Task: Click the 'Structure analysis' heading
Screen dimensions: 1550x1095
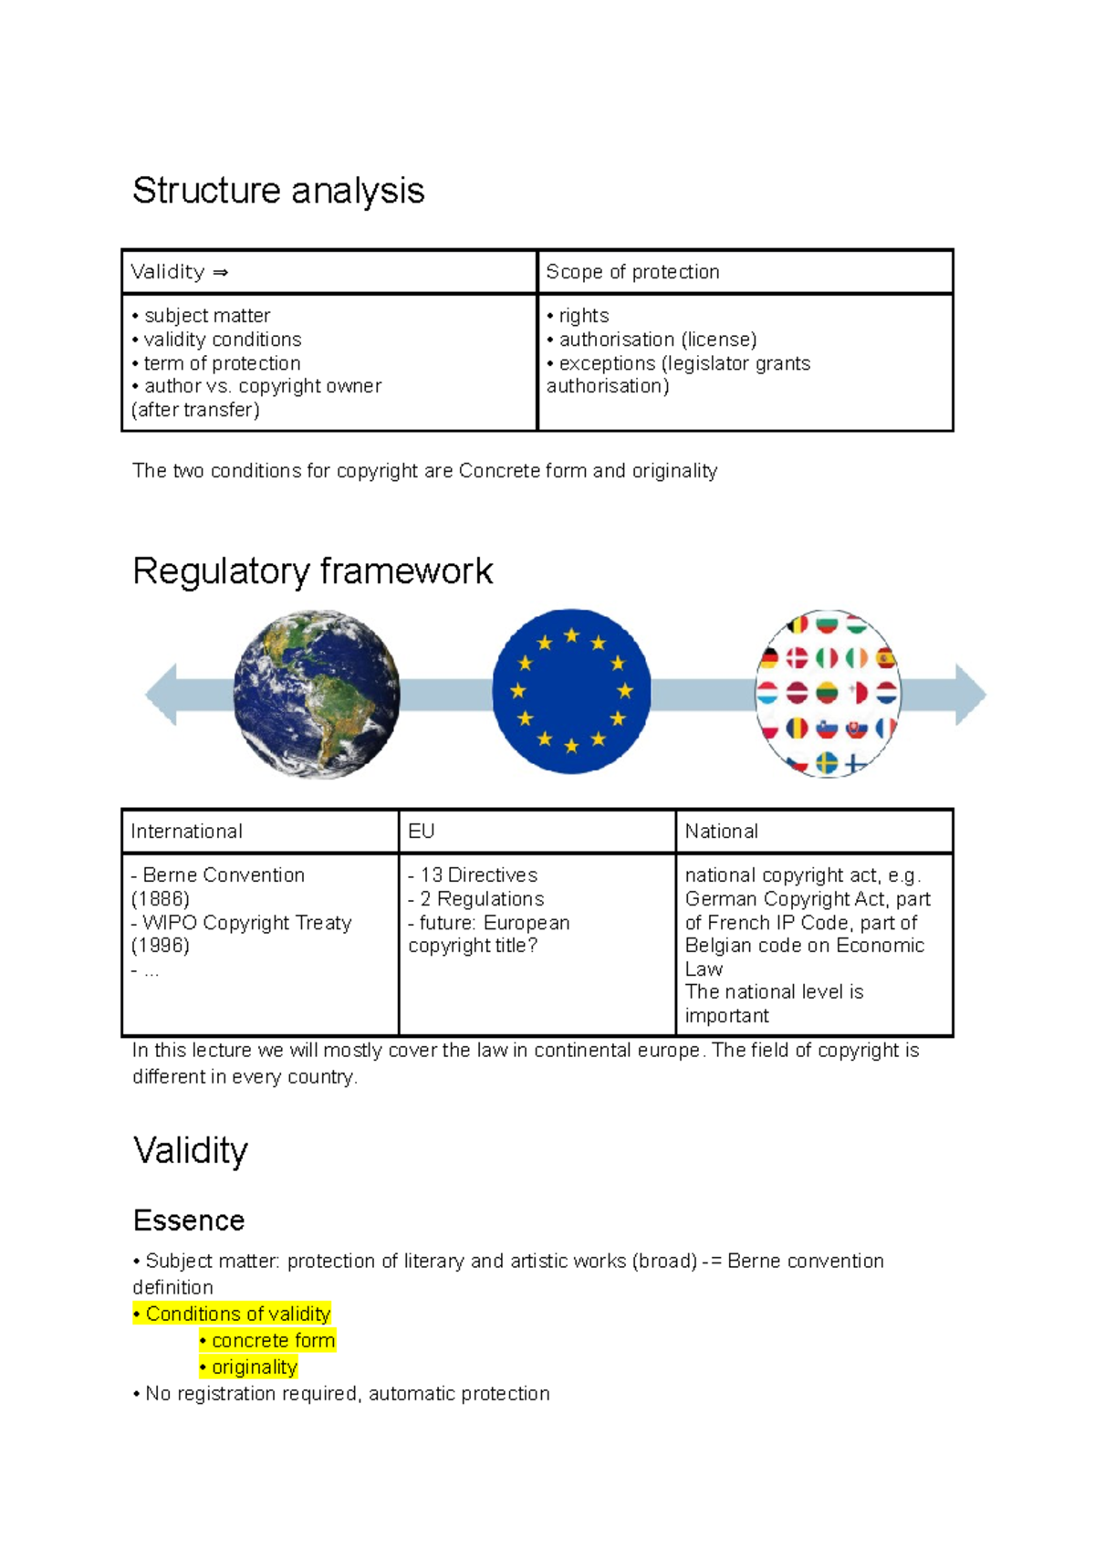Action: [x=278, y=191]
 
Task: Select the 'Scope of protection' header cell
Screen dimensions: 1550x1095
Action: [x=632, y=272]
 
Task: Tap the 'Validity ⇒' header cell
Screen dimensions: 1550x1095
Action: [x=180, y=272]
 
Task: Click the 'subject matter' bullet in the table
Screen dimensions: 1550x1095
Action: [x=207, y=316]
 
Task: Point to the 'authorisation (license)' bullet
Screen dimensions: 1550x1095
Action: [x=657, y=340]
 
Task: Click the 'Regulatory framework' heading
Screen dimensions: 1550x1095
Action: [x=312, y=571]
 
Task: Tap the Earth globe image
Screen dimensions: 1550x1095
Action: [x=317, y=694]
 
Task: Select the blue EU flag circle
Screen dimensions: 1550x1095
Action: [x=571, y=692]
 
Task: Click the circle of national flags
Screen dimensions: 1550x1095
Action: [x=829, y=694]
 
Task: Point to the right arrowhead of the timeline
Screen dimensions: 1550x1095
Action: [x=970, y=695]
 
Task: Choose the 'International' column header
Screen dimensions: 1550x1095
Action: [x=187, y=832]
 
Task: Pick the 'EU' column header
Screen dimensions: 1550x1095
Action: [x=422, y=832]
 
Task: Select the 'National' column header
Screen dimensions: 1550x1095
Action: [x=722, y=832]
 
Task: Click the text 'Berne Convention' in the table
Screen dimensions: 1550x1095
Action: [x=224, y=875]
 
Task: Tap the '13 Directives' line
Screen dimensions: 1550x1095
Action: [x=478, y=875]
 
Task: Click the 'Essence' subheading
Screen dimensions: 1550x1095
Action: [x=189, y=1220]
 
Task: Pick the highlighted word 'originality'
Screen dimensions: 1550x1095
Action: [x=255, y=1367]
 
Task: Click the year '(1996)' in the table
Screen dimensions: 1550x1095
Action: [x=161, y=946]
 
